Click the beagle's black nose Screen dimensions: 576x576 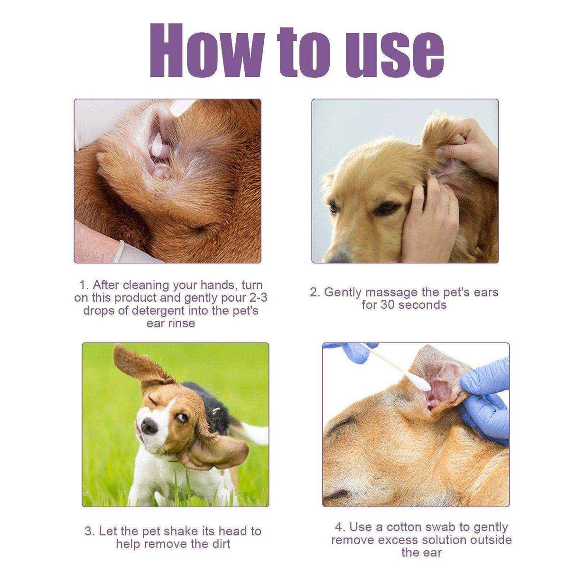[x=149, y=426]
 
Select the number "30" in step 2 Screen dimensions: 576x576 [x=388, y=305]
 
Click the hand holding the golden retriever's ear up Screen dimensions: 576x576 [x=468, y=142]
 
